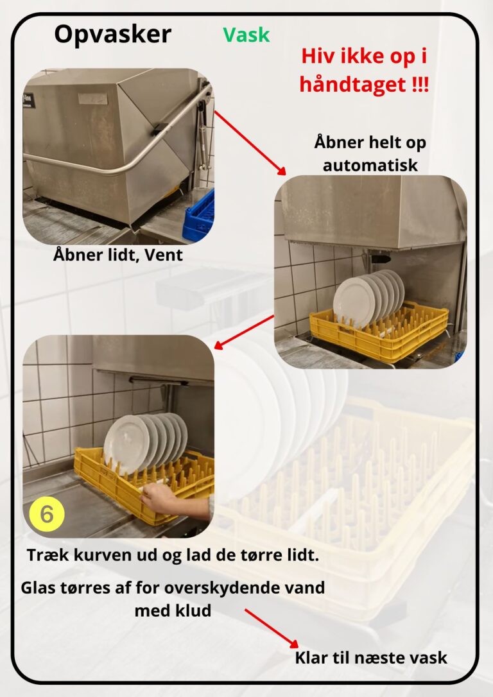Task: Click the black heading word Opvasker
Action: click(x=112, y=34)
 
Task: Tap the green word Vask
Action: click(x=246, y=35)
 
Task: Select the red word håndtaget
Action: click(x=352, y=85)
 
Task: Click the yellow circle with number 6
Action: click(x=47, y=514)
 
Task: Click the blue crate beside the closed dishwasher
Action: click(x=199, y=216)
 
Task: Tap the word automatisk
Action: click(x=370, y=166)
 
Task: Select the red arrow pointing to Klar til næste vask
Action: click(x=272, y=628)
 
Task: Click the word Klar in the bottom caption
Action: click(x=312, y=657)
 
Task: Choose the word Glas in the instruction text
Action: click(x=38, y=588)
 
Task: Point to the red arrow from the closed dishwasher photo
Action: click(x=250, y=142)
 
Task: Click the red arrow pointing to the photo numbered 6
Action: click(x=244, y=332)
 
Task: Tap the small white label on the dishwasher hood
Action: click(x=93, y=98)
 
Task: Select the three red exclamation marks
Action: click(x=420, y=84)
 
